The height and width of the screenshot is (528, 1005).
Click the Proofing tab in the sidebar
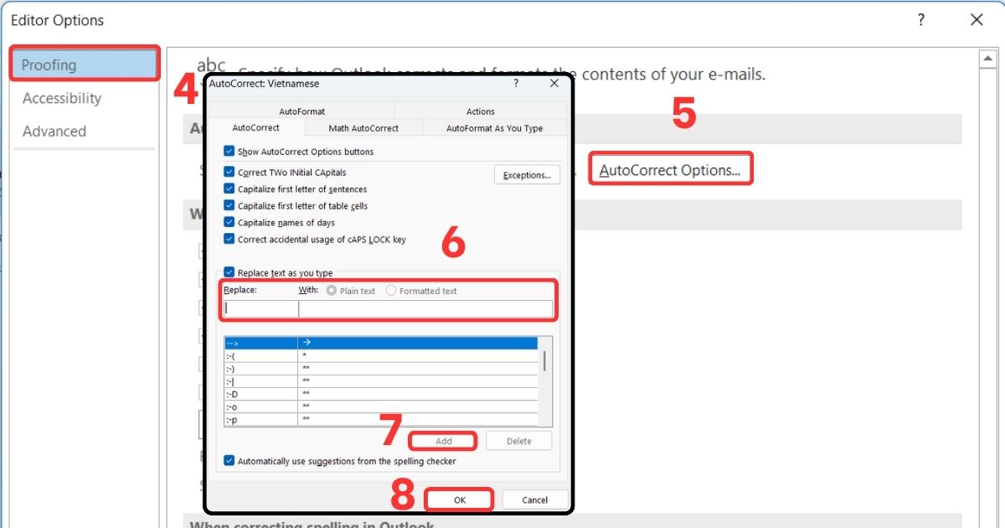[84, 65]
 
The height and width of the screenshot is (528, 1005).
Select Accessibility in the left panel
[62, 98]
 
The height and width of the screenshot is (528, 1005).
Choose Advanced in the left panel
[54, 132]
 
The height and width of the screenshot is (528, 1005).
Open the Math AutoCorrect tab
[363, 128]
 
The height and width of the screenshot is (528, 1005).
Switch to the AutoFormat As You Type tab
[494, 128]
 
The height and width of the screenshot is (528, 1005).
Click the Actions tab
[481, 111]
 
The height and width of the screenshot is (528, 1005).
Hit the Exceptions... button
[527, 175]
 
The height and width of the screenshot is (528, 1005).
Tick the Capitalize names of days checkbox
[229, 222]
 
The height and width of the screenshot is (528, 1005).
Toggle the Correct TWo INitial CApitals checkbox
[229, 172]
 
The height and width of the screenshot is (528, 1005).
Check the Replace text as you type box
[229, 272]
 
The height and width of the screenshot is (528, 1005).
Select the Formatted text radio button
[391, 291]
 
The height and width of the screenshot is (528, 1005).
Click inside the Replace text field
[260, 308]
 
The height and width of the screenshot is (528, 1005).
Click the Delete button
[518, 441]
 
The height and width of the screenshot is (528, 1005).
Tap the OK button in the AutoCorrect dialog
[459, 500]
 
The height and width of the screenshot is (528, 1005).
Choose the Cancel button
[534, 500]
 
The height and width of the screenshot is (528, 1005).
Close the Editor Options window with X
[977, 20]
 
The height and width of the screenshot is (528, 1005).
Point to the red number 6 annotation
[453, 242]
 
